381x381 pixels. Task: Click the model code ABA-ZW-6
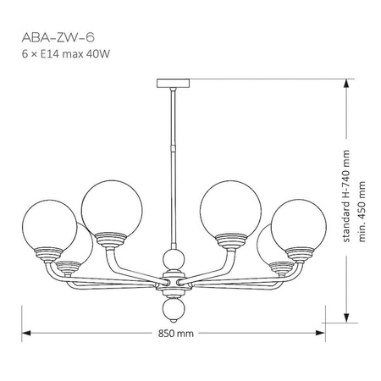pos(52,37)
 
